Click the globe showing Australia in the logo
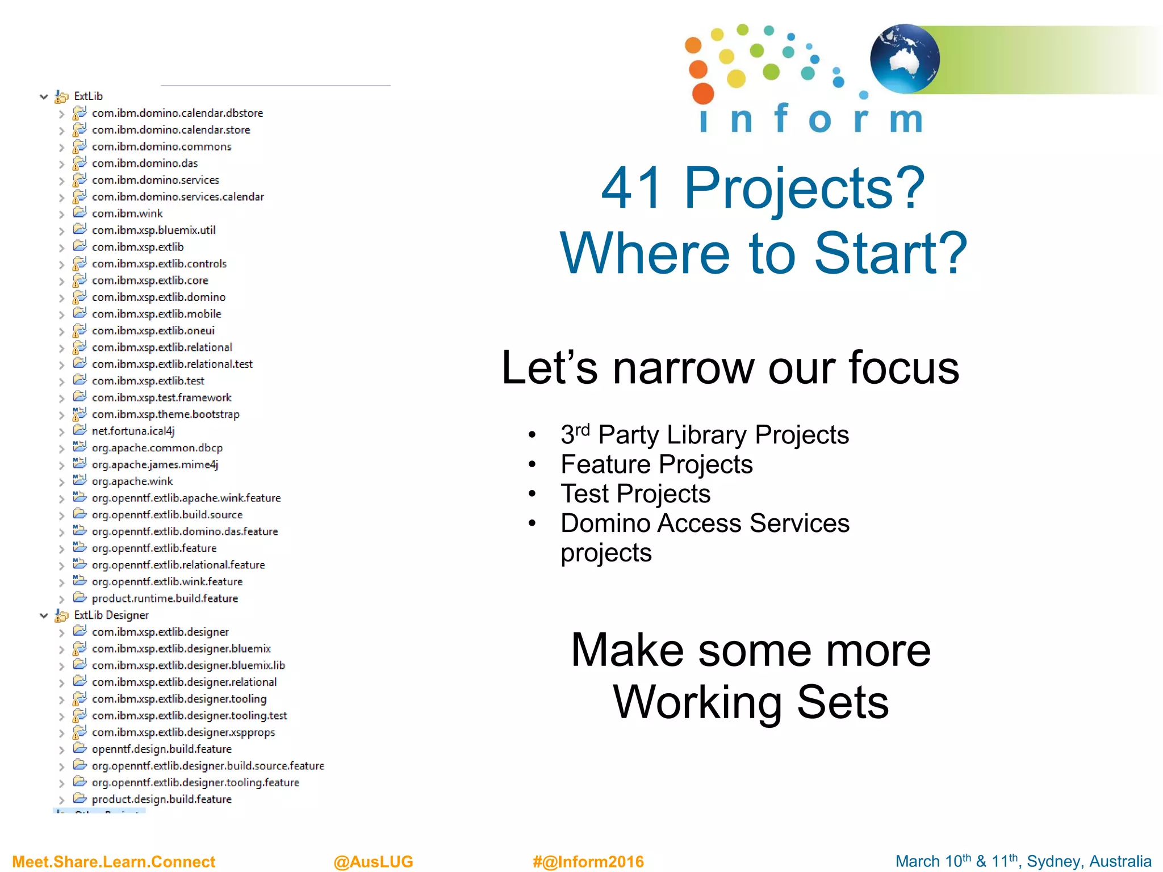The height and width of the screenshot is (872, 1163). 904,58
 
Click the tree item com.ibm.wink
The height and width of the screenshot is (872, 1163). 127,213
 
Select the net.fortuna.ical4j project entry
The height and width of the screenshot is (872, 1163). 133,431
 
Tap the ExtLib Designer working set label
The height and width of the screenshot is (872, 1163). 111,615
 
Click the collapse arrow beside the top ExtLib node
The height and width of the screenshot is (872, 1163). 44,97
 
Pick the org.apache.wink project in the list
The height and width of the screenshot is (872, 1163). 132,481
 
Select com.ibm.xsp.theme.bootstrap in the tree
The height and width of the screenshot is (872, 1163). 165,414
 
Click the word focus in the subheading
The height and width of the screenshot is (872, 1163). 903,368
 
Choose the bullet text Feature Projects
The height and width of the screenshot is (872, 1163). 656,464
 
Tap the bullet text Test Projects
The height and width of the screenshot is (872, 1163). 635,494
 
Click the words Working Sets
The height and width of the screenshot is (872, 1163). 751,702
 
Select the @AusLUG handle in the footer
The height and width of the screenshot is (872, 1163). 373,861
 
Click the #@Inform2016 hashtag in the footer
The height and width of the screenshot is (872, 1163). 588,861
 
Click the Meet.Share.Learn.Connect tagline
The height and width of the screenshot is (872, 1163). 114,861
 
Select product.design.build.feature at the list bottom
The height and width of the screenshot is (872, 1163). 161,799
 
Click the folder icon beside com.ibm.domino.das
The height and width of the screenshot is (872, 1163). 80,163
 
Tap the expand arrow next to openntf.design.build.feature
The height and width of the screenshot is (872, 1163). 61,750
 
